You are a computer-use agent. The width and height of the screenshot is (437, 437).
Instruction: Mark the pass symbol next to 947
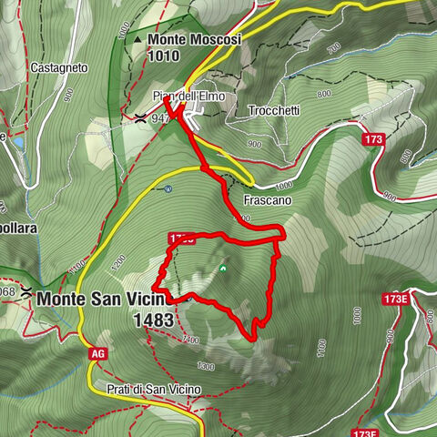pos(140,117)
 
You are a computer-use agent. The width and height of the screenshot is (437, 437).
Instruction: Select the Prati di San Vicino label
pos(145,389)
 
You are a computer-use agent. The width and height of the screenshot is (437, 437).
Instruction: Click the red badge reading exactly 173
pos(371,139)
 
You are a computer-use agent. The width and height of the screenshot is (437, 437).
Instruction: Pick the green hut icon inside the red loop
pos(223,269)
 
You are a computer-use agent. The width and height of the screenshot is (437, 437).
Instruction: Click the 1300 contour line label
pos(206,366)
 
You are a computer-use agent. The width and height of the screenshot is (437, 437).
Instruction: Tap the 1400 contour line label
pos(190,339)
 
